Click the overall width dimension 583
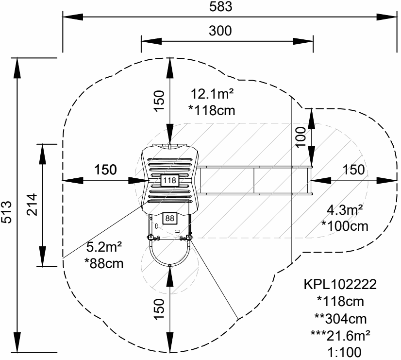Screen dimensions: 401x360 [x=221, y=6]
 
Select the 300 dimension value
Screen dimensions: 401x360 [x=220, y=31]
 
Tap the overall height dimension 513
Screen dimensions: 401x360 [x=6, y=212]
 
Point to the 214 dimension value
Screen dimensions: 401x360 [x=32, y=205]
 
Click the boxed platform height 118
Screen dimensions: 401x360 [x=169, y=180]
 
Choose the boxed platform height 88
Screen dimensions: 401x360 [x=169, y=218]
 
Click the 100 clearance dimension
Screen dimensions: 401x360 [x=301, y=137]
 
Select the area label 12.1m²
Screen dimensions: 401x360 [x=212, y=94]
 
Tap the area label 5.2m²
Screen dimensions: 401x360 [x=104, y=247]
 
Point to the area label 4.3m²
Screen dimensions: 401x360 [x=345, y=210]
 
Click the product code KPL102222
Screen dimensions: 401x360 [x=340, y=284]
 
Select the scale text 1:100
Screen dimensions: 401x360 [x=345, y=353]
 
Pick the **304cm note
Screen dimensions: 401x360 [x=340, y=319]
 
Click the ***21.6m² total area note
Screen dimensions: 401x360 [x=340, y=335]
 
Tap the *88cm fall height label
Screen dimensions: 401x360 [x=104, y=263]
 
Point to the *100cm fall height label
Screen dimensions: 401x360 [x=345, y=226]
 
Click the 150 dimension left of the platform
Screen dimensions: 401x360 [x=106, y=170]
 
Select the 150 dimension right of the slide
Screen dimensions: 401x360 [x=354, y=170]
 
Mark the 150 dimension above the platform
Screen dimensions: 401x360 [x=159, y=101]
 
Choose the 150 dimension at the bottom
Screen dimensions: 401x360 [x=159, y=309]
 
